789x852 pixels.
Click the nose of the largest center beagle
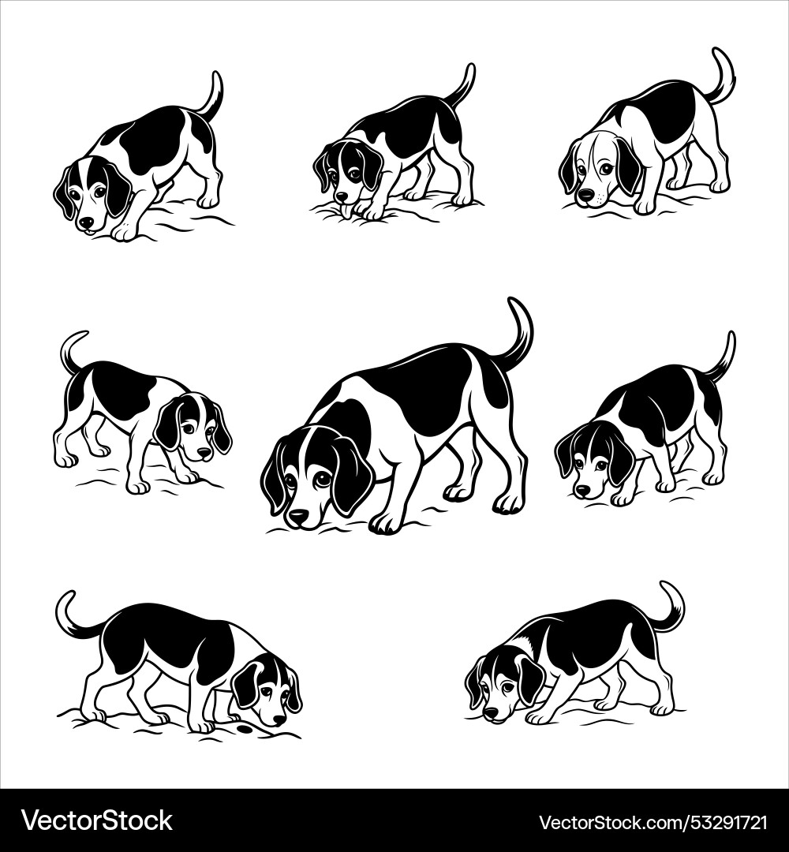(x=298, y=517)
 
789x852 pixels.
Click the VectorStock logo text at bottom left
(x=96, y=821)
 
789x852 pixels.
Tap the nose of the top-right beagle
(x=585, y=194)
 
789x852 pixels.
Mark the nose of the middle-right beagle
(x=583, y=490)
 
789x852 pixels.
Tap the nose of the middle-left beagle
(x=204, y=454)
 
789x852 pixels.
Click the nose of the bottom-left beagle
(x=279, y=719)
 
